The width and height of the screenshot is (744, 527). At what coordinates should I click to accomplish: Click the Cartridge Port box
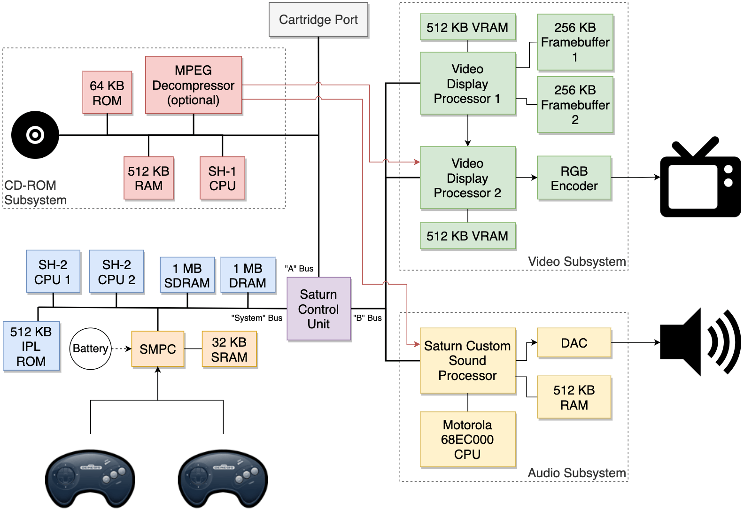[x=318, y=20]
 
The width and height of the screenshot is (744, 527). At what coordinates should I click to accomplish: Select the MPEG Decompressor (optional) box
[x=194, y=85]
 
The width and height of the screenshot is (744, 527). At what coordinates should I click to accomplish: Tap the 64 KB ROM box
[x=107, y=93]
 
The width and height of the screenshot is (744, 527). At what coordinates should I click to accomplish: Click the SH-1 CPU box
[x=222, y=178]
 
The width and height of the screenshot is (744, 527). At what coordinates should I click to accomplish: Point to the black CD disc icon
[x=35, y=135]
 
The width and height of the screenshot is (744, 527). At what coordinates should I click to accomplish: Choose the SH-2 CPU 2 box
[x=116, y=271]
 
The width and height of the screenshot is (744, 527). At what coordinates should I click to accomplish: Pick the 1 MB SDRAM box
[x=187, y=275]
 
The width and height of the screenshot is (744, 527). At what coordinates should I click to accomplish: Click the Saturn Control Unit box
[x=318, y=309]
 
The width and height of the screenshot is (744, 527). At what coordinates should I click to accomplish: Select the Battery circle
[x=91, y=349]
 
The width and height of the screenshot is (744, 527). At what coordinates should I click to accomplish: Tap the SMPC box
[x=158, y=349]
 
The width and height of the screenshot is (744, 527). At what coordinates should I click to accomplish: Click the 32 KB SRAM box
[x=229, y=349]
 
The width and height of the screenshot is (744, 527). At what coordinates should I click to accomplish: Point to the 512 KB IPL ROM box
[x=31, y=346]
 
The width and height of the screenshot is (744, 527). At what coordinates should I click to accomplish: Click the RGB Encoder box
[x=574, y=178]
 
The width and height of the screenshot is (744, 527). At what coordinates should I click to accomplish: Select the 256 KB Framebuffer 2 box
[x=575, y=105]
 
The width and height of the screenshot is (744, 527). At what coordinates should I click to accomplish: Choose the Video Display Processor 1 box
[x=467, y=84]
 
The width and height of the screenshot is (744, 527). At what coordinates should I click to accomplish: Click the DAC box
[x=574, y=343]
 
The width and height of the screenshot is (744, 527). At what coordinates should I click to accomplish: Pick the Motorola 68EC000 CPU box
[x=467, y=439]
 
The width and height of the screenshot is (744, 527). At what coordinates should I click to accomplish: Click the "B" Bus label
[x=367, y=318]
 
